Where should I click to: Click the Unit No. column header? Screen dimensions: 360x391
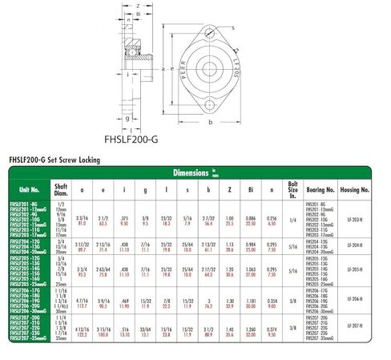[29, 190]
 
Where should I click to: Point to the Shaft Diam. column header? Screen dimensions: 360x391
[61, 190]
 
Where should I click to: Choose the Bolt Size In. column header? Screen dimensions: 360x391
[293, 190]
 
